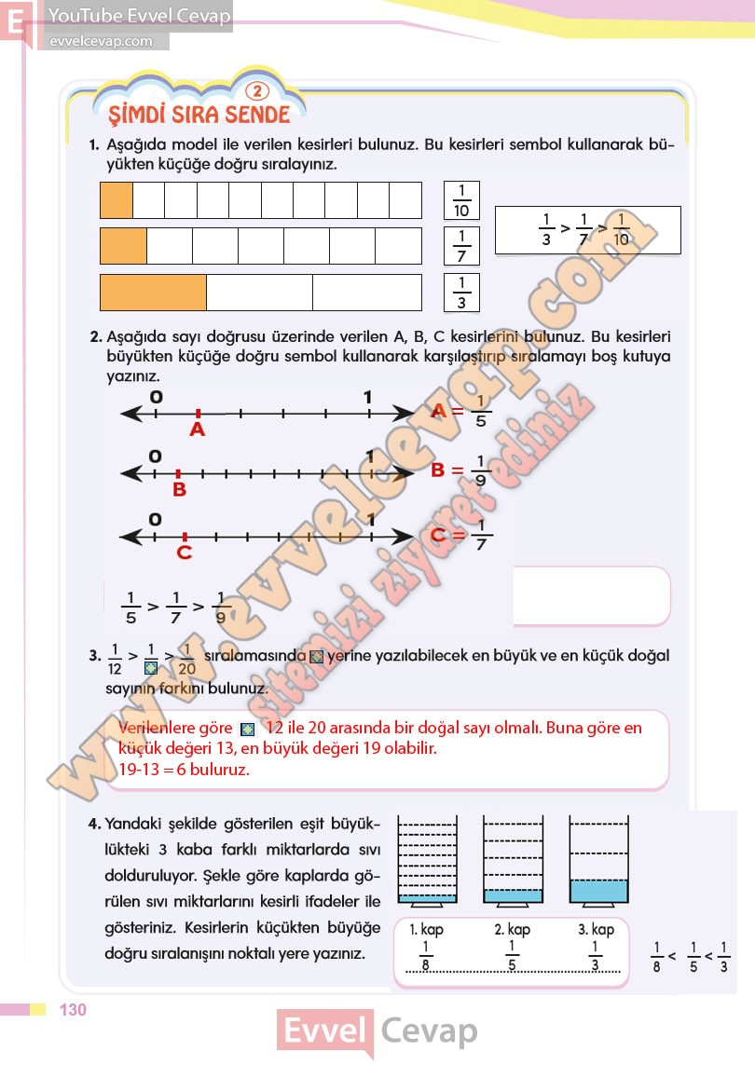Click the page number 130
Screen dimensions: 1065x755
pos(73,1010)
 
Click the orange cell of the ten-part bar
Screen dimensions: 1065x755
pos(117,200)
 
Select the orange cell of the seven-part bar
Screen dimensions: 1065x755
pos(123,245)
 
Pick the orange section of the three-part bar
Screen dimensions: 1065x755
pos(153,292)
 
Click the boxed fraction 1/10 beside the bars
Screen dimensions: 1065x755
pos(460,200)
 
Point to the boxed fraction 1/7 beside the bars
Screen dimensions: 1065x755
pos(461,245)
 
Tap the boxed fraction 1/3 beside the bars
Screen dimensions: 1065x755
pos(461,291)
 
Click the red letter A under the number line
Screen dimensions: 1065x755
pos(197,430)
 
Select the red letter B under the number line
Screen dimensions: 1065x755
pos(179,490)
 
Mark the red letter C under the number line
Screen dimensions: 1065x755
pos(185,553)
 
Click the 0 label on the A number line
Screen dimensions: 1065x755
pos(156,397)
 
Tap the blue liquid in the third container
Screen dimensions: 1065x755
pos(598,891)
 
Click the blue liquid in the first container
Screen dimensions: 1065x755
pos(427,899)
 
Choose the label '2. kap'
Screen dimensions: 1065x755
pos(512,929)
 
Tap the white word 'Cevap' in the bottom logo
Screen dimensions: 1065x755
pos(429,1031)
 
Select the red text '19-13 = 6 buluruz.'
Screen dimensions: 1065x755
pos(185,770)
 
